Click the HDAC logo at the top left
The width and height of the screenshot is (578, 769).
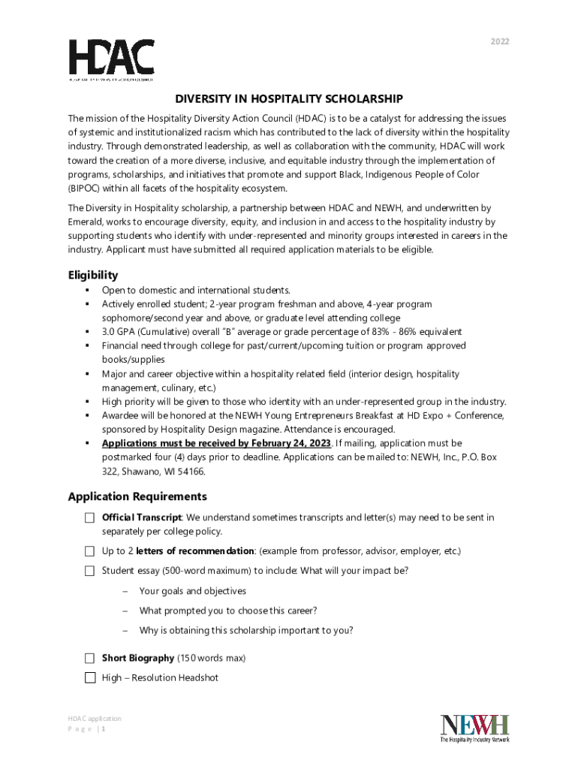(x=112, y=59)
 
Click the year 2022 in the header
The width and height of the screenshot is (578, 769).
(x=500, y=41)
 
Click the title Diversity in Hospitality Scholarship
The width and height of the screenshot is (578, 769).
(x=289, y=99)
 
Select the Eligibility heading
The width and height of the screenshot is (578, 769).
(x=93, y=275)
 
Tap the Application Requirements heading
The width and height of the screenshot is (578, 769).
(x=137, y=496)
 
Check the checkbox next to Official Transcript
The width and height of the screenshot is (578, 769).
(x=89, y=518)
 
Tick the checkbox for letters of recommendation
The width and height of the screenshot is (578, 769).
(x=89, y=552)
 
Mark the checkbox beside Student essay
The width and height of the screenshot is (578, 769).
(x=89, y=571)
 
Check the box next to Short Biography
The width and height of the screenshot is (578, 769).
(x=89, y=659)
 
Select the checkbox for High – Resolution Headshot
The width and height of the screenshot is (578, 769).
(x=89, y=678)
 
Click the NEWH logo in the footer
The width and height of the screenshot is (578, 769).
(x=474, y=728)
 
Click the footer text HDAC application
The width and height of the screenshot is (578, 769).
(x=95, y=719)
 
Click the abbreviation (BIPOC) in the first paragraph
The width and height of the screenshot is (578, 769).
(x=86, y=188)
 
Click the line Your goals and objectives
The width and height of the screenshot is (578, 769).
(x=192, y=592)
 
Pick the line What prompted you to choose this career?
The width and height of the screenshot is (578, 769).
(x=227, y=611)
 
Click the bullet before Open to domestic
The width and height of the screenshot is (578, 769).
(x=88, y=290)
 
